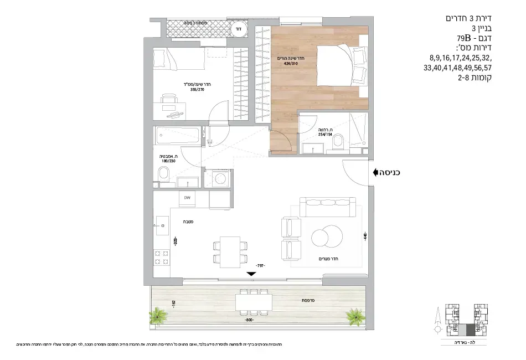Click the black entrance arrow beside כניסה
coord(377,172)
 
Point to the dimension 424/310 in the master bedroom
coord(290,63)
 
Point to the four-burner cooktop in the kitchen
coord(161,257)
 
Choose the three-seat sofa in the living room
coord(327,206)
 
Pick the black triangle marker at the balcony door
coord(251,274)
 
